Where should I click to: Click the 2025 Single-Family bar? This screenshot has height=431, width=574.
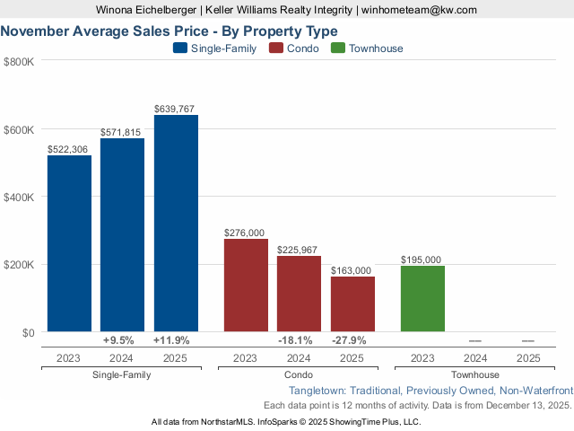176,224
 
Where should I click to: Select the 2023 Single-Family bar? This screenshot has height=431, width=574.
69,243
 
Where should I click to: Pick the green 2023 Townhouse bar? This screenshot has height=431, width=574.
422,298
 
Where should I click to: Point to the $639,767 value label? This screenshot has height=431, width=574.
176,109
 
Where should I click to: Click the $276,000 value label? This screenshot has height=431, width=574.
245,233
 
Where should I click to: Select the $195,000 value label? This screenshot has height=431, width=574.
422,259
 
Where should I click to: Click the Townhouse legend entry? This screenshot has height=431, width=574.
368,48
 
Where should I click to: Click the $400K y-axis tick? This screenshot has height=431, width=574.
19,197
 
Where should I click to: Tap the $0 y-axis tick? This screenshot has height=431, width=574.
27,332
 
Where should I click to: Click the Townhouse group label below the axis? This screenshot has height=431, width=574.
476,374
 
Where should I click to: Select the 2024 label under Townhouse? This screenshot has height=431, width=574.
475,357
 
